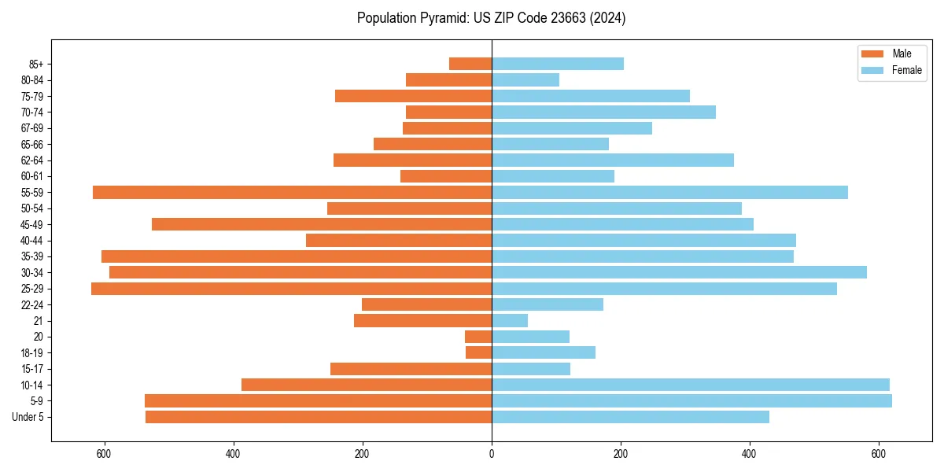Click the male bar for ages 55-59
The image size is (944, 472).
(x=292, y=193)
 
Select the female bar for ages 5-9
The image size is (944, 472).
(x=691, y=400)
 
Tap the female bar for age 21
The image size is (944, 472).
(x=510, y=320)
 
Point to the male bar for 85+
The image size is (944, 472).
(x=470, y=64)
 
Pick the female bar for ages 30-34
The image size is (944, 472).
(x=679, y=272)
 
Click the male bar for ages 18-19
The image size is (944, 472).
(x=478, y=352)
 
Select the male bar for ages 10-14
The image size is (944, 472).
(x=367, y=385)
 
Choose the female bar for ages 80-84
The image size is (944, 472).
(x=525, y=79)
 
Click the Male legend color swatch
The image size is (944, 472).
(x=872, y=53)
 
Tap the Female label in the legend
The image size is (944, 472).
(x=907, y=70)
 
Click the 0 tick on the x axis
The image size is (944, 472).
(x=492, y=453)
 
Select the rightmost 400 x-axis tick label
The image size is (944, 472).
(x=750, y=453)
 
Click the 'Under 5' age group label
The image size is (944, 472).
(x=28, y=417)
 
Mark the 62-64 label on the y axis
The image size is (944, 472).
(x=32, y=160)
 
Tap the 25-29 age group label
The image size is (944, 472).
(x=32, y=289)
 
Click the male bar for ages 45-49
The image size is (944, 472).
(x=322, y=224)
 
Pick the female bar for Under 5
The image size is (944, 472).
(x=630, y=417)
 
